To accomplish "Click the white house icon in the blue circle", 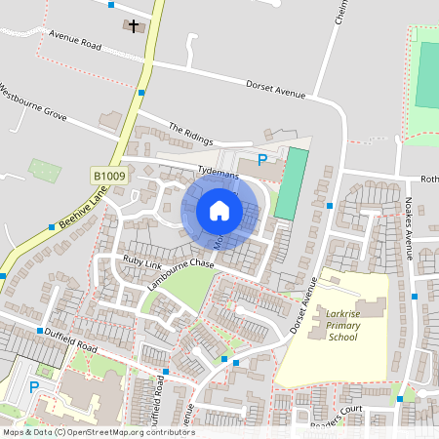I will pos(219,211).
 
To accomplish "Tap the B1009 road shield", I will pos(109,176).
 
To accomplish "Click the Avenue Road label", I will pos(76,45).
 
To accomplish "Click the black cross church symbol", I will pos(134,24).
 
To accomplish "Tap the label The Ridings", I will pos(189,133).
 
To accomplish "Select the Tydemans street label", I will pos(218,169).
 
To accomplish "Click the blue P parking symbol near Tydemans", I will pos(261,160).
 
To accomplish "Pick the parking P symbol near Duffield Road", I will pos(34,387).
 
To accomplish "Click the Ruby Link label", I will pos(141,260).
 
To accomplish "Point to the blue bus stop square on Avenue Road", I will pos(141,92).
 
